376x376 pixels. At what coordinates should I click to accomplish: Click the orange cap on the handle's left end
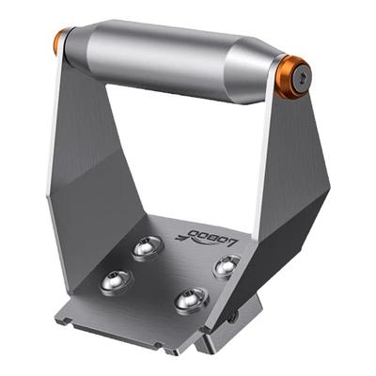click(61, 41)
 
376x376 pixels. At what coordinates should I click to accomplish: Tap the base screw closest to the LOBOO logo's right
click(226, 267)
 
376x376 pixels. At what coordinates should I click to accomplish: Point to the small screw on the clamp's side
click(232, 318)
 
